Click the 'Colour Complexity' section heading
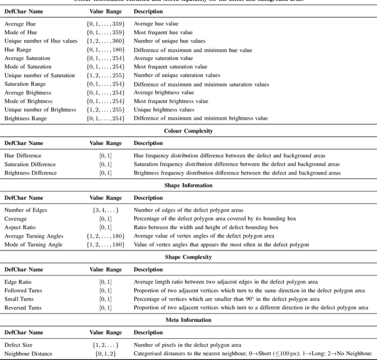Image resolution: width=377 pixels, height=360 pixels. [x=188, y=131]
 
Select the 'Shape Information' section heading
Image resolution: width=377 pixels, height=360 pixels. [x=188, y=185]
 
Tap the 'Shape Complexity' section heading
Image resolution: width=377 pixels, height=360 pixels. [x=188, y=257]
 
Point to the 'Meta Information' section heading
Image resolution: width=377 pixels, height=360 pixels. [x=188, y=320]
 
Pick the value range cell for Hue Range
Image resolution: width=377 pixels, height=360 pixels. [x=105, y=51]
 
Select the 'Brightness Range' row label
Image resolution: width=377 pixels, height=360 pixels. [x=27, y=118]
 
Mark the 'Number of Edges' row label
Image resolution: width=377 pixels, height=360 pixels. [x=27, y=210]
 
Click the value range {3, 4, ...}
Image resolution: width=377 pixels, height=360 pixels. [x=105, y=210]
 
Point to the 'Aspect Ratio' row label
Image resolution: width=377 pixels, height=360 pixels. [x=20, y=227]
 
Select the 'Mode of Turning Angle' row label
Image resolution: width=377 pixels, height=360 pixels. [x=34, y=245]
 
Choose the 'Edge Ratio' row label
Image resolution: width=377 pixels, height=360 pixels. [x=18, y=282]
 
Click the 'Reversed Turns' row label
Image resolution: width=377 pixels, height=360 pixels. [x=24, y=308]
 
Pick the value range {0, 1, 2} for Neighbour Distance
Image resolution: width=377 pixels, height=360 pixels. [x=105, y=354]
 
